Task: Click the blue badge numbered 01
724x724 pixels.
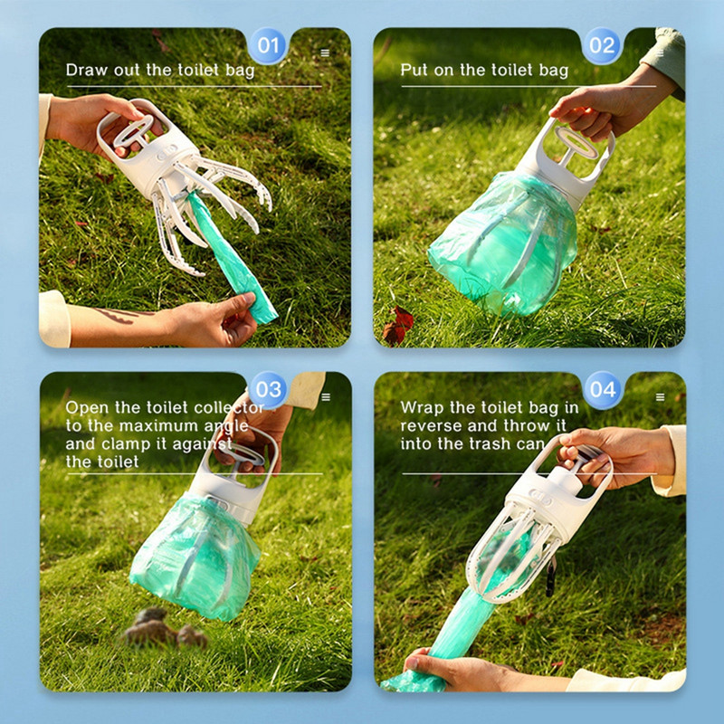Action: pos(268,45)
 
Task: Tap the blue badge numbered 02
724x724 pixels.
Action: pos(602,45)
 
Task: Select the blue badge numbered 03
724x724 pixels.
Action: pos(268,390)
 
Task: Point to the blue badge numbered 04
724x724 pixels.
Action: pos(602,390)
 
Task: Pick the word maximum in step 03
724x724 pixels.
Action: pos(161,425)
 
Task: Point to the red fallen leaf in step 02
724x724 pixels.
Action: pos(397,326)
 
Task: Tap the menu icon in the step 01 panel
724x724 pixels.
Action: pos(325,52)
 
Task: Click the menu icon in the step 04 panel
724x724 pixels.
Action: pos(661,397)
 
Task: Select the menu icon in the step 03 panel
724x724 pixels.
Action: pos(326,397)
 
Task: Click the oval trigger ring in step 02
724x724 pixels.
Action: pos(576,143)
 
